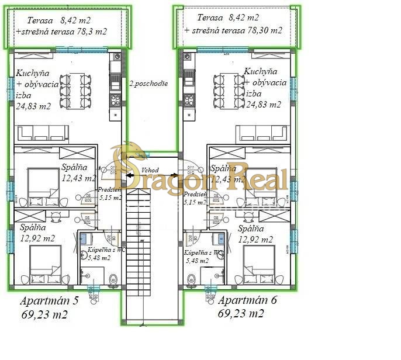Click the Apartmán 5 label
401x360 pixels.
coord(49,302)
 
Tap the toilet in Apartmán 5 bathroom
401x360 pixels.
coord(113,280)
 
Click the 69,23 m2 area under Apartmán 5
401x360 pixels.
coord(44,314)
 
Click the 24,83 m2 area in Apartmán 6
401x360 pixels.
coord(263,105)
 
